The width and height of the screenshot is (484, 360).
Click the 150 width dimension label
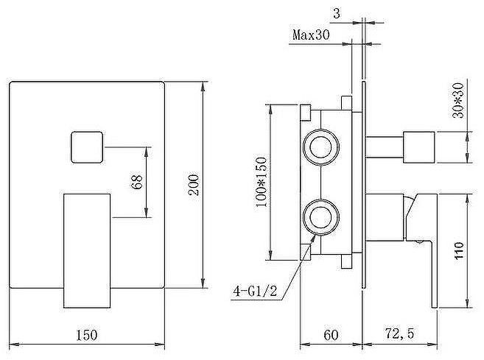coord(86,335)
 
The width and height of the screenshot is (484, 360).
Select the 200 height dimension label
coord(194,185)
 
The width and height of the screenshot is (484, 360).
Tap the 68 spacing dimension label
coord(137,182)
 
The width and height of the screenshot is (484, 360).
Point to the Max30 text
coord(311,35)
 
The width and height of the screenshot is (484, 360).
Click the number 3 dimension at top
coord(337,13)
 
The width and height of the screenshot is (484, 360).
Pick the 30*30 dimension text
coord(458,100)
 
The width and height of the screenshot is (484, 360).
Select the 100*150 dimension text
coord(261,183)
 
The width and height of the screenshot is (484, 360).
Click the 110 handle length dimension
coord(459,251)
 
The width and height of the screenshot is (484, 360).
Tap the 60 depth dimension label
coord(332,335)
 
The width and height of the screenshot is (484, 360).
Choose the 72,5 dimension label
coord(399,333)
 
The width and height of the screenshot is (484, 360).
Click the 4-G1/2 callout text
coord(256,291)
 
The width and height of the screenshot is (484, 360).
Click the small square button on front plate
coord(87,147)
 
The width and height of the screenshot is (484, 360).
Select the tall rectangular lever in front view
coord(87,251)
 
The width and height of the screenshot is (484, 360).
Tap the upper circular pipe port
coord(321,147)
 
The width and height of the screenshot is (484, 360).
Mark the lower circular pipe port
coord(321,217)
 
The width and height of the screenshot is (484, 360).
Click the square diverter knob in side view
coord(419,147)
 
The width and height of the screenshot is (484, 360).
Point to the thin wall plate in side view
coord(364,185)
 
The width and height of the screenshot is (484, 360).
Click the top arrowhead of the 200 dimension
coord(203,86)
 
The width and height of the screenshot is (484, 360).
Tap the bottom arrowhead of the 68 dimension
coord(147,213)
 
